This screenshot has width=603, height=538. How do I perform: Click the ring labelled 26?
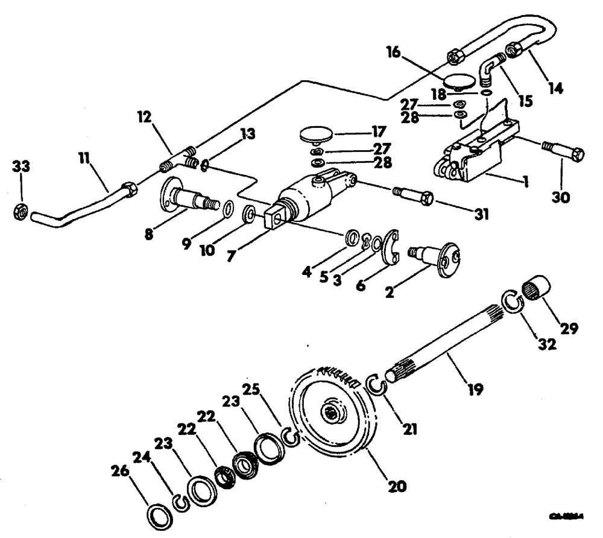point(159,516)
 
